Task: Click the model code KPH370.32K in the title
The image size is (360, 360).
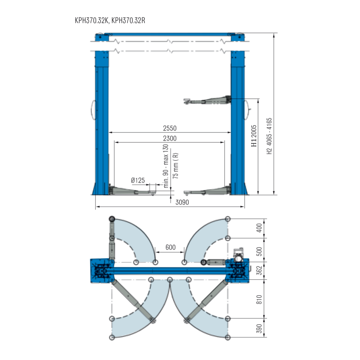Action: click(x=91, y=20)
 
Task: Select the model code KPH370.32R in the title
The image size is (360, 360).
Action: click(x=128, y=20)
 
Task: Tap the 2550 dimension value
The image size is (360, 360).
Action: click(x=170, y=128)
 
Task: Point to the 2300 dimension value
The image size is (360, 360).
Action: click(x=170, y=138)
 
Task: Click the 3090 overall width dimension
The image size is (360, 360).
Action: click(x=182, y=202)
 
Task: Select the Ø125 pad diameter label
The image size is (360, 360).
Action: click(x=138, y=180)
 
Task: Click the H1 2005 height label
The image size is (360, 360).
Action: click(x=254, y=136)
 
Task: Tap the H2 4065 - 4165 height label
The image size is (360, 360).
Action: click(x=269, y=136)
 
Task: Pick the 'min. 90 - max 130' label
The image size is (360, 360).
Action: click(x=166, y=166)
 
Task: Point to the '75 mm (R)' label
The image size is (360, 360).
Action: click(x=176, y=166)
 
